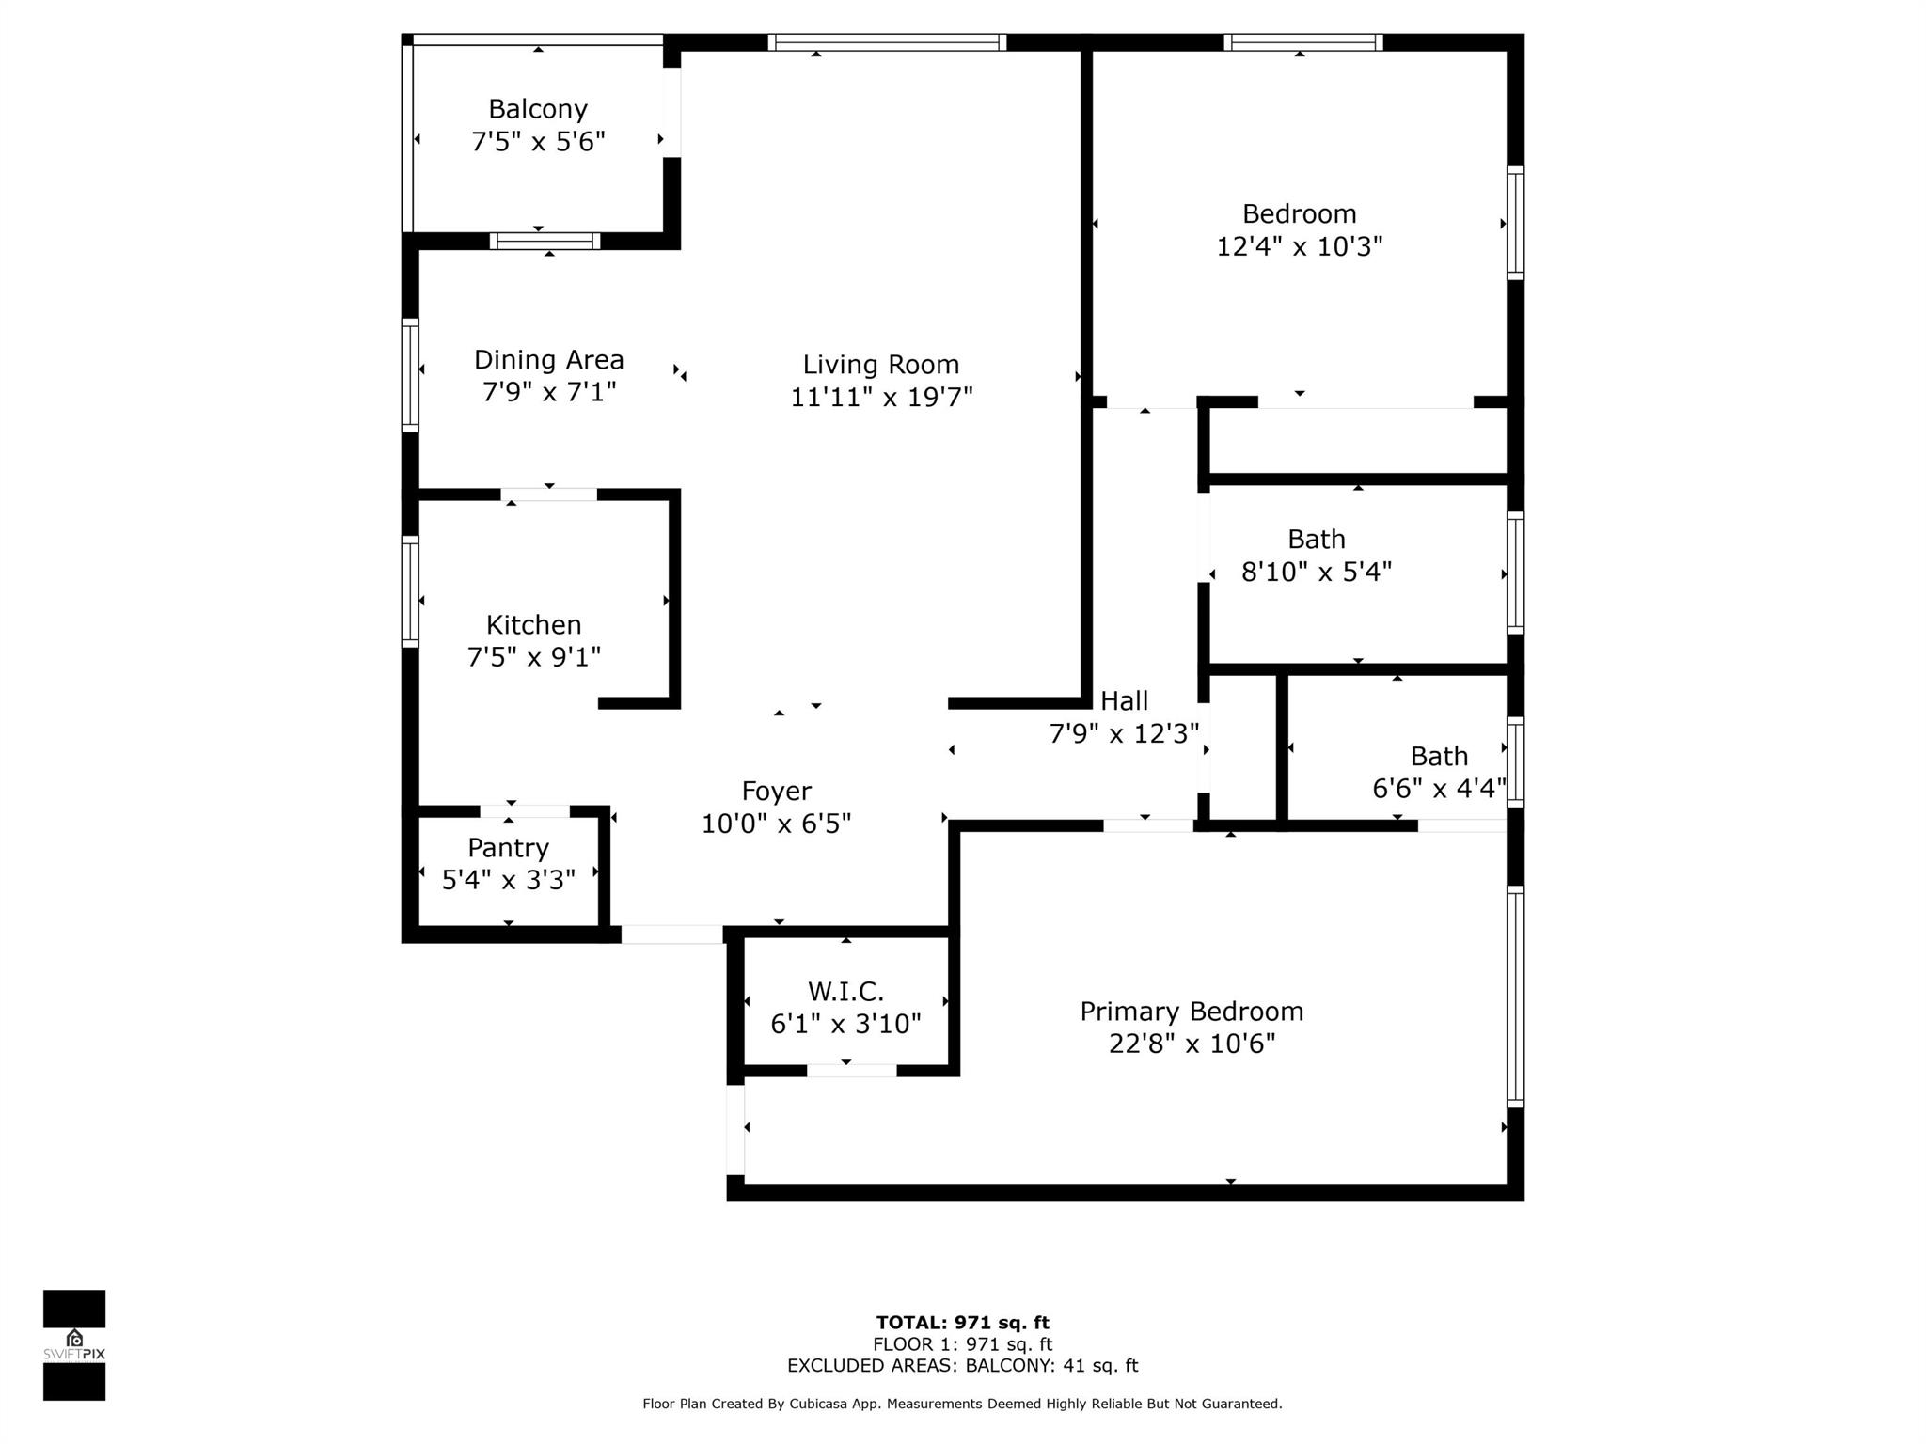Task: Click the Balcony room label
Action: pos(537,109)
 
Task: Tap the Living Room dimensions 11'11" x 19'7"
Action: pos(880,397)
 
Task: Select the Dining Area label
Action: pos(548,359)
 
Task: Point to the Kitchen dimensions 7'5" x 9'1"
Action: pos(533,656)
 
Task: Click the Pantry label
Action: pos(508,847)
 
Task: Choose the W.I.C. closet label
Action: pos(845,991)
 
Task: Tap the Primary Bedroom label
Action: pos(1191,1011)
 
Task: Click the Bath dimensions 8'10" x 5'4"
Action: pos(1316,572)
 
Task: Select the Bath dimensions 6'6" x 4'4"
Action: pos(1438,788)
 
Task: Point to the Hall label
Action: pos(1124,700)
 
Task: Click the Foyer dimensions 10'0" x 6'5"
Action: pos(776,824)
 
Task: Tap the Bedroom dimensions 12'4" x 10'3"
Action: pos(1299,246)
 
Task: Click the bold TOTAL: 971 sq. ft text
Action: pos(962,1323)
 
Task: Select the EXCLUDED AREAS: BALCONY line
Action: pos(962,1365)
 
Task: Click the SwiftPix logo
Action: pos(74,1345)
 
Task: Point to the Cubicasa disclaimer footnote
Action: pos(962,1404)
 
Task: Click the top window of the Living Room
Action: pos(887,41)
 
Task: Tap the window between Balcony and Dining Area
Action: pos(545,241)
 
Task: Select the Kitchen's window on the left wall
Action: pos(410,591)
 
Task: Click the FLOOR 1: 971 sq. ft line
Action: pos(962,1344)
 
